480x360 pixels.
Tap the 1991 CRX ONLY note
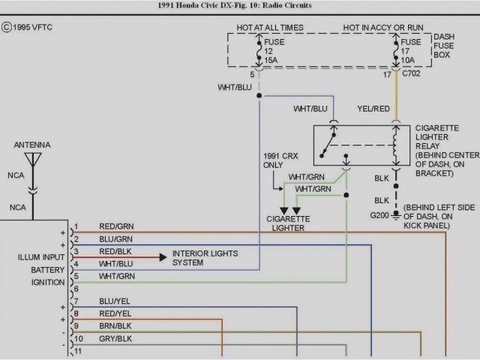[x=277, y=160]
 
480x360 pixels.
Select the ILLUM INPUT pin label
[x=42, y=257]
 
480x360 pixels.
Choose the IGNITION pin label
[x=48, y=282]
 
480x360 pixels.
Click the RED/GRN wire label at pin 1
[x=115, y=226]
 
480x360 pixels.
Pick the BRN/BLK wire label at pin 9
[x=115, y=326]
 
